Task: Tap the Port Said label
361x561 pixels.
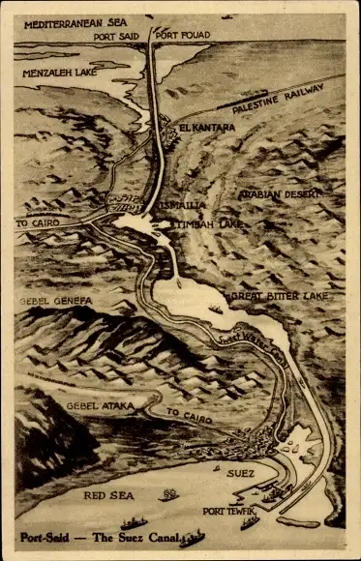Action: tap(117, 36)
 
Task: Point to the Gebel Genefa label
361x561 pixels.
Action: tap(55, 301)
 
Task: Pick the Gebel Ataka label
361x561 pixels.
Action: tap(94, 407)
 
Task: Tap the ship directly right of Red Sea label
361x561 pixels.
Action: tap(169, 493)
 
